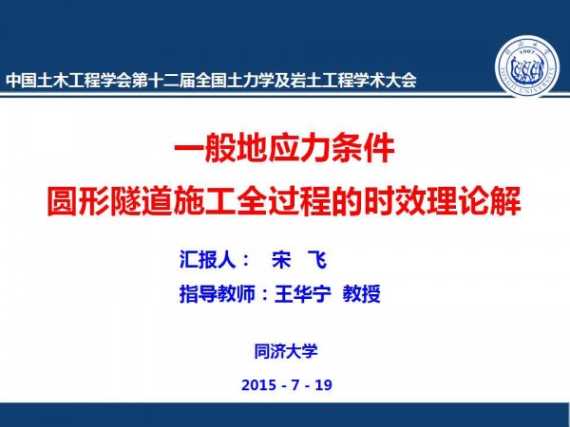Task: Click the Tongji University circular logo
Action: coord(526,66)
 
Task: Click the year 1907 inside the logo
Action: coord(526,52)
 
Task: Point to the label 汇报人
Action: coord(207,259)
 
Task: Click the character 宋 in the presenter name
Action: coord(281,260)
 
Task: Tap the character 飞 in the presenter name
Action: coord(316,260)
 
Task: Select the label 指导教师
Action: coord(217,294)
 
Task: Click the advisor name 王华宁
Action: coord(303,294)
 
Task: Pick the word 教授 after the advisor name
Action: coord(361,294)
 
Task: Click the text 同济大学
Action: coord(286,351)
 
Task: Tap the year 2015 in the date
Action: coord(258,385)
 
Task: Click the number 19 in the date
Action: coord(324,385)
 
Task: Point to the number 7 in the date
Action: coord(294,385)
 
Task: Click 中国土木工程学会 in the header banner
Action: coord(68,81)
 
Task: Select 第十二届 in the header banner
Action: coord(162,81)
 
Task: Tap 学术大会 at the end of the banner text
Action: coord(385,81)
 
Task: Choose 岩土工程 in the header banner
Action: coord(321,81)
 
